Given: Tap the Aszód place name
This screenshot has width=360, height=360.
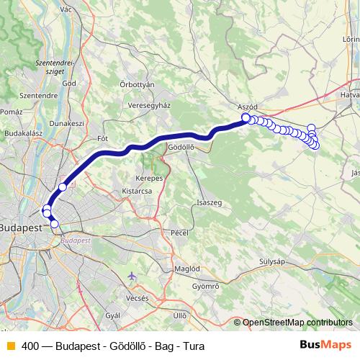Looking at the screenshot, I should (x=247, y=107).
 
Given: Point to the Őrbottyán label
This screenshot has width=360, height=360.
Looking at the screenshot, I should (x=137, y=84).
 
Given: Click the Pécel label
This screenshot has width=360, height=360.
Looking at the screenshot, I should (x=179, y=233).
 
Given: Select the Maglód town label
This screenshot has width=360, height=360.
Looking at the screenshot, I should (x=187, y=268).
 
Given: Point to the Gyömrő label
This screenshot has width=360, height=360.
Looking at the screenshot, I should (x=205, y=286).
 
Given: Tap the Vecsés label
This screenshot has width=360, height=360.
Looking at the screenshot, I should (x=137, y=297).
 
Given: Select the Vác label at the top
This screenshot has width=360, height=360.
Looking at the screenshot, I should (x=68, y=9).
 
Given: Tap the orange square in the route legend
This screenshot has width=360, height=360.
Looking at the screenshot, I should (x=10, y=345).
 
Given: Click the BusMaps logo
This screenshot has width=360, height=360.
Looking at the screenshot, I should (x=325, y=345).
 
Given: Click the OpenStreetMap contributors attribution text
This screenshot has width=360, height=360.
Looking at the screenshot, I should (x=297, y=323).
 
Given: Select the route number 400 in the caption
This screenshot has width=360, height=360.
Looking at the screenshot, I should (x=31, y=346).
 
